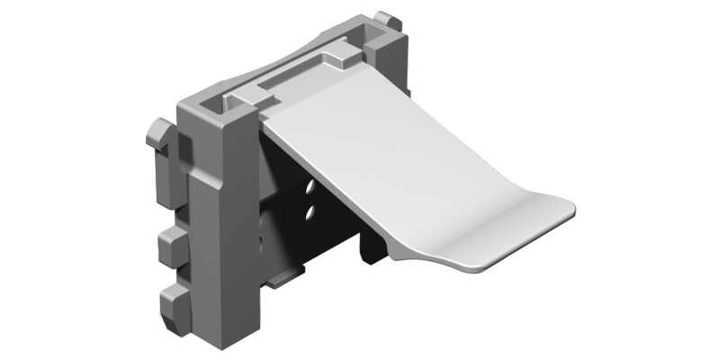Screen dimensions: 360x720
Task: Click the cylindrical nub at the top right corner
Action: (x=385, y=20)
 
